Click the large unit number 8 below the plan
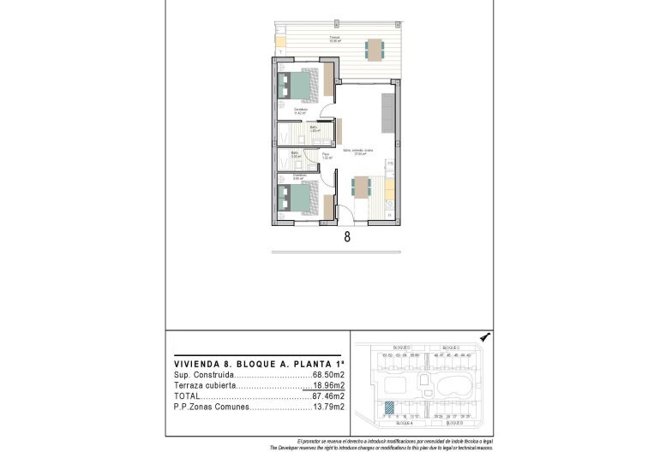point(347,238)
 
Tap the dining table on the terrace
point(375,49)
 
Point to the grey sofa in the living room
point(387,111)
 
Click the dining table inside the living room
point(360,186)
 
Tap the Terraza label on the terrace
point(335,39)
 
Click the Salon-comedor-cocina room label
point(357,152)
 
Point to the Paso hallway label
point(326,156)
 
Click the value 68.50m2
point(328,374)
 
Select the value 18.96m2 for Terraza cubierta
point(328,385)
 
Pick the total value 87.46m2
point(328,396)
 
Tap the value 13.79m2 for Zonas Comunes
point(328,407)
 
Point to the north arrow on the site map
point(485,338)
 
